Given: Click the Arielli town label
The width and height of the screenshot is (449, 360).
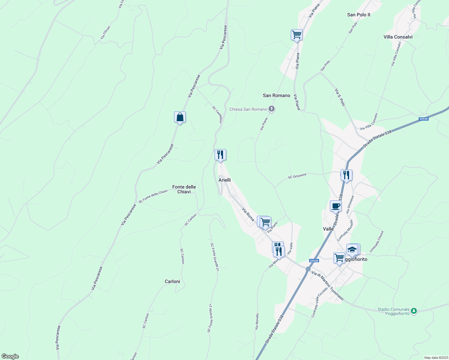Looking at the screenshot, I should pos(224,180).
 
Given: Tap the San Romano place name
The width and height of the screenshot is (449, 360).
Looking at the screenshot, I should pos(276,95).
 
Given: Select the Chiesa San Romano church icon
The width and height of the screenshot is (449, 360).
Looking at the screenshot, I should pos(272,109).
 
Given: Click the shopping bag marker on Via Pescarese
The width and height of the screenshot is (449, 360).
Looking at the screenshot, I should pos(180,117).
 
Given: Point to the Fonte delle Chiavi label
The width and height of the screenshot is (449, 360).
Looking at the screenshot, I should pos(184,189).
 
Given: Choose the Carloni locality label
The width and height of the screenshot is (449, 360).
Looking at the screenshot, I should pos(172,281).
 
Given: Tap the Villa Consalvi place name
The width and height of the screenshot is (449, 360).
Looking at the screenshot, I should pos(398,37).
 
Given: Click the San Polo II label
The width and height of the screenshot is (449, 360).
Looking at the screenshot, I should pos(359,15).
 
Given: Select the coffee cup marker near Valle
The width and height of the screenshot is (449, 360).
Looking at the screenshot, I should pos(336,206).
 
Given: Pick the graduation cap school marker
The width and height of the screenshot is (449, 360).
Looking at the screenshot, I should pos(352,250).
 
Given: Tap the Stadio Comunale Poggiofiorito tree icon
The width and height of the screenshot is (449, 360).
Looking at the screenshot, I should pos(414,311).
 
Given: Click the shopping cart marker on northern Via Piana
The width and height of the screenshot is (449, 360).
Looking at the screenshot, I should pos(297,35).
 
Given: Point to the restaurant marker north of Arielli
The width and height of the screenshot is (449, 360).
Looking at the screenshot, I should pos(220,155).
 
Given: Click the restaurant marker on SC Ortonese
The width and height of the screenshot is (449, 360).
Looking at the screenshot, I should pos(346,175).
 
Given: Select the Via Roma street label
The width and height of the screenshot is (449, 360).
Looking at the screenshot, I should pos(248,214).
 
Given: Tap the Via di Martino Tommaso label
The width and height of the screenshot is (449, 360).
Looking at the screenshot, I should pos(327,286).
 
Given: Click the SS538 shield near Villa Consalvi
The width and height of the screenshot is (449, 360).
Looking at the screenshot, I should pos(423,119).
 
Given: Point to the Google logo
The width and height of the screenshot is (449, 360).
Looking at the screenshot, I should pos(10,356).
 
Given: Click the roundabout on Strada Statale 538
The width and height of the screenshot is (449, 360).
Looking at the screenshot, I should pos(308,269).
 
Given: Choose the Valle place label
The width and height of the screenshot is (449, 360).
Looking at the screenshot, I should pos(328,229).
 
